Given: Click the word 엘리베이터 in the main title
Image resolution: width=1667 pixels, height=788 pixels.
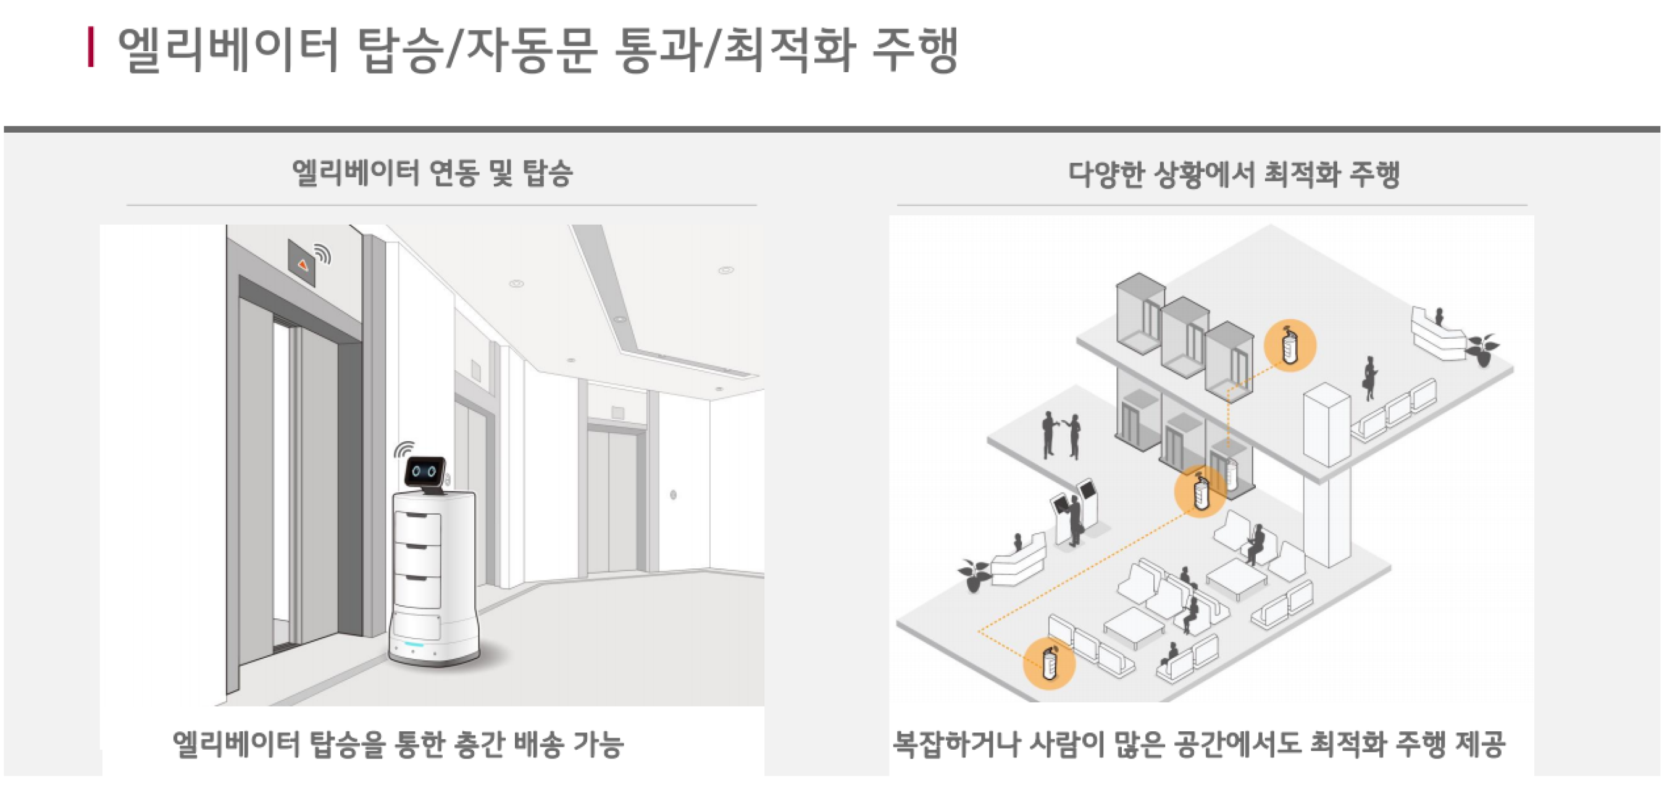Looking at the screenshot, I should pos(228,51).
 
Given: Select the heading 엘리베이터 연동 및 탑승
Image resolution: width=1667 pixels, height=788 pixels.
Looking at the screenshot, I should pos(432,173).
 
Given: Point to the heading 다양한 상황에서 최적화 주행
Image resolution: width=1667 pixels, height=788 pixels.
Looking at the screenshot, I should pos(1234,174).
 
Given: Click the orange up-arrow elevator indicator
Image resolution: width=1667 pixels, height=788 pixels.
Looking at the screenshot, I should pos(302,264).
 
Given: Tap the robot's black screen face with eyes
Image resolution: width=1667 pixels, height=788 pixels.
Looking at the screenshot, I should pos(425,471).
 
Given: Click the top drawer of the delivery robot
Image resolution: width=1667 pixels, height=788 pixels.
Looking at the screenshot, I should pos(417,527).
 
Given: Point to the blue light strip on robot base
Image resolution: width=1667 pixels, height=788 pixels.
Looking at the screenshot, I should pos(414,645).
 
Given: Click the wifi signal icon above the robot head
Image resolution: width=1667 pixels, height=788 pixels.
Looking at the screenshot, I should pos(404,448).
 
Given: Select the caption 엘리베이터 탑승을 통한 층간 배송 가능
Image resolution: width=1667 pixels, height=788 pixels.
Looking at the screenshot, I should pos(398,744).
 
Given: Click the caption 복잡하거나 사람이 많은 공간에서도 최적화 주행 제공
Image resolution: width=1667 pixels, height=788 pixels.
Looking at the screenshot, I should pos(1199,744).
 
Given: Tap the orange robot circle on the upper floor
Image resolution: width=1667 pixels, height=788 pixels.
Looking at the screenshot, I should pos(1290,346).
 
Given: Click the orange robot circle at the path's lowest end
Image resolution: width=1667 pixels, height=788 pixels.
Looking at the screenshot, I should pos(1049,663).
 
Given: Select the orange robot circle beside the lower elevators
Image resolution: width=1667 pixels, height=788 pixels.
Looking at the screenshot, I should pos(1200,492).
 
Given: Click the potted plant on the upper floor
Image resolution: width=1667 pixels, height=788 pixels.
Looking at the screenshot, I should pos(1482,349).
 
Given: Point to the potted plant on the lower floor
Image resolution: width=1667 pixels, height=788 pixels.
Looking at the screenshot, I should pos(974,574).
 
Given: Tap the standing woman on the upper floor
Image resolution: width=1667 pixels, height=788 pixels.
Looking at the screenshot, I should pos(1369,378).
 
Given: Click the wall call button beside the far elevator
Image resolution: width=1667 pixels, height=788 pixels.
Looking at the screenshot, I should pos(674,495).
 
